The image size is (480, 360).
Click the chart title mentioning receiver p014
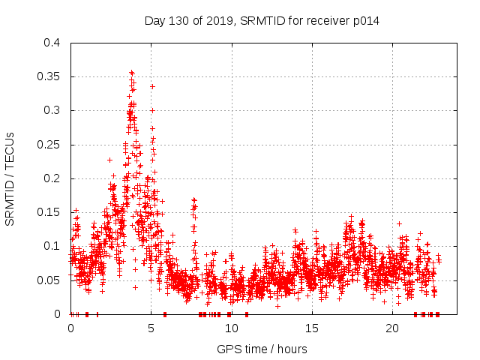[261, 21]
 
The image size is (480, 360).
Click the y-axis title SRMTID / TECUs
[10, 178]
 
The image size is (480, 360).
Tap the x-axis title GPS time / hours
[261, 349]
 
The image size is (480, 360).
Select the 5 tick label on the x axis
[151, 328]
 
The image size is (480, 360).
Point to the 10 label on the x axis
[232, 328]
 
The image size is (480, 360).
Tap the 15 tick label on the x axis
[312, 328]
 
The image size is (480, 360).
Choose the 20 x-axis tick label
[392, 328]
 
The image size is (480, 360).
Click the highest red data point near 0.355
[132, 73]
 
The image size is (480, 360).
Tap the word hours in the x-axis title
[291, 349]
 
